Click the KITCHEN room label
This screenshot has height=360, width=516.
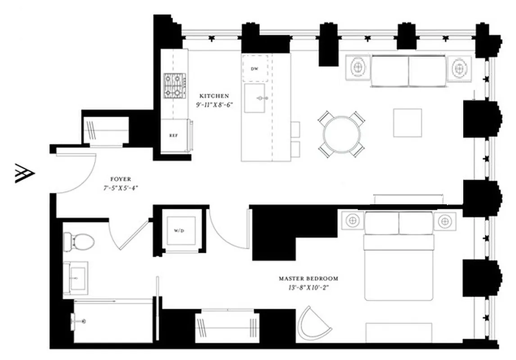(x=214, y=96)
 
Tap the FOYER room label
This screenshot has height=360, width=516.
(x=120, y=179)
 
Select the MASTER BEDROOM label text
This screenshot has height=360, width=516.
(x=308, y=279)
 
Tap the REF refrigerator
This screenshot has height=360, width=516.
(x=173, y=135)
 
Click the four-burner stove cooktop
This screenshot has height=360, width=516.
(x=175, y=86)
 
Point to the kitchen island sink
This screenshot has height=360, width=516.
(x=255, y=98)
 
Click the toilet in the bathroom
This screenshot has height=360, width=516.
(x=77, y=242)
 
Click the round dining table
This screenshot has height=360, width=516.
(x=341, y=134)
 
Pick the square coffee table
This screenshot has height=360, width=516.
(x=407, y=122)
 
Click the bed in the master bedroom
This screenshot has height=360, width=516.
(x=399, y=261)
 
